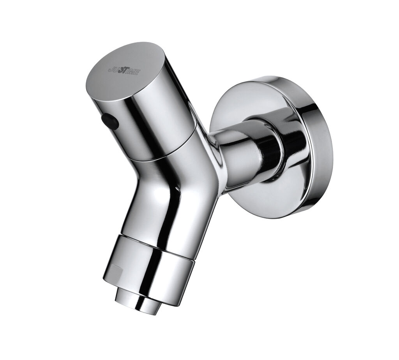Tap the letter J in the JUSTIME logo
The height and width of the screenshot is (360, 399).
pyautogui.click(x=110, y=69)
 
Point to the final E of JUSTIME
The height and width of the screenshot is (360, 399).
pyautogui.click(x=137, y=73)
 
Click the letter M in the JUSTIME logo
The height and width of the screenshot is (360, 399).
pyautogui.click(x=132, y=72)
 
